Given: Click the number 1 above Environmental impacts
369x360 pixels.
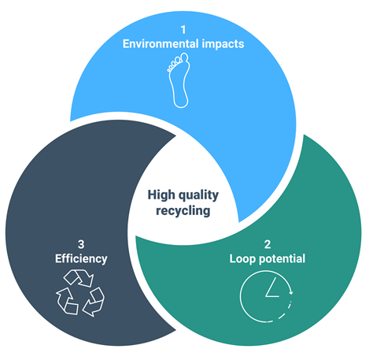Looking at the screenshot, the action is pyautogui.click(x=183, y=29).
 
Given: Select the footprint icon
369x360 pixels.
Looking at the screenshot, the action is pyautogui.click(x=179, y=80).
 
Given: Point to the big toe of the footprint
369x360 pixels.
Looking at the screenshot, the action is pyautogui.click(x=185, y=58).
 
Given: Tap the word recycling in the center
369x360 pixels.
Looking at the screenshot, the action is pyautogui.click(x=183, y=211).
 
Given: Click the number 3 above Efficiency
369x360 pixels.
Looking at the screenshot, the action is pyautogui.click(x=81, y=244).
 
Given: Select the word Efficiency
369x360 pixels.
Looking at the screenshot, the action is pyautogui.click(x=81, y=258).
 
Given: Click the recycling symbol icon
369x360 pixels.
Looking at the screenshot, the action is pyautogui.click(x=80, y=293).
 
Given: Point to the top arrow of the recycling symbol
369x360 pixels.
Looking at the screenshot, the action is pyautogui.click(x=79, y=278).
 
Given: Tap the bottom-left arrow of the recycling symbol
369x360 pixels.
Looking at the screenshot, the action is pyautogui.click(x=67, y=301).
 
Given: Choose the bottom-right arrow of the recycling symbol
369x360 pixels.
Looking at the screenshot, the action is pyautogui.click(x=94, y=302).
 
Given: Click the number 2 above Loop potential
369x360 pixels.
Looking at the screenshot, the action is pyautogui.click(x=268, y=244).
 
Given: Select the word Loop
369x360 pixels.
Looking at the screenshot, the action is pyautogui.click(x=242, y=259).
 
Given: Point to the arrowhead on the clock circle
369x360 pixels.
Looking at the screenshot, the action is pyautogui.click(x=290, y=291).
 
